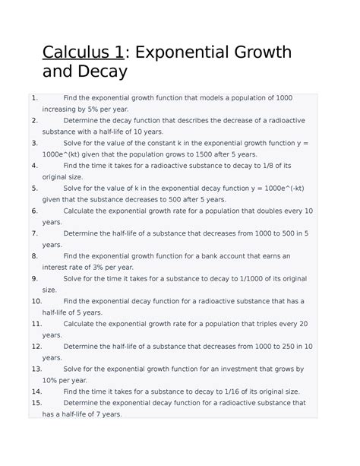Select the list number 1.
coord(34,98)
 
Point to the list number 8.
coord(34,256)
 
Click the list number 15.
coord(36,403)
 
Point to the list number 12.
coord(36,347)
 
